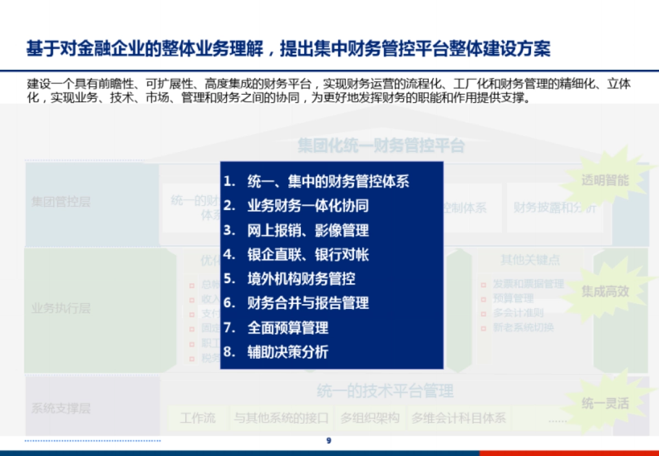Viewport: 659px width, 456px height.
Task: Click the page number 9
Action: (329, 440)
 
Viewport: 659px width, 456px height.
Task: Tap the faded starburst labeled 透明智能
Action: (605, 181)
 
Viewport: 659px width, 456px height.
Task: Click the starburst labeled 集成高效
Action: (605, 291)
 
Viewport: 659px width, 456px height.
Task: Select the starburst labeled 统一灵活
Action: (605, 404)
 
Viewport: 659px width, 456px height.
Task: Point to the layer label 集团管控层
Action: (60, 202)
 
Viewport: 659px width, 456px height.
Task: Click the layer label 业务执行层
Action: (60, 308)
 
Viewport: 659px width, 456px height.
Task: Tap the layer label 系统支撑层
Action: (60, 408)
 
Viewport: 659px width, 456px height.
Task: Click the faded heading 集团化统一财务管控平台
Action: (381, 146)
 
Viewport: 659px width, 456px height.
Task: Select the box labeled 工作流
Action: (198, 418)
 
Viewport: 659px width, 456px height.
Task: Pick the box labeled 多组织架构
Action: (370, 418)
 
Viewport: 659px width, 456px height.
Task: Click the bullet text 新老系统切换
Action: (523, 328)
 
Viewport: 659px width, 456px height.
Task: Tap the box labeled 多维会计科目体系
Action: (459, 418)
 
